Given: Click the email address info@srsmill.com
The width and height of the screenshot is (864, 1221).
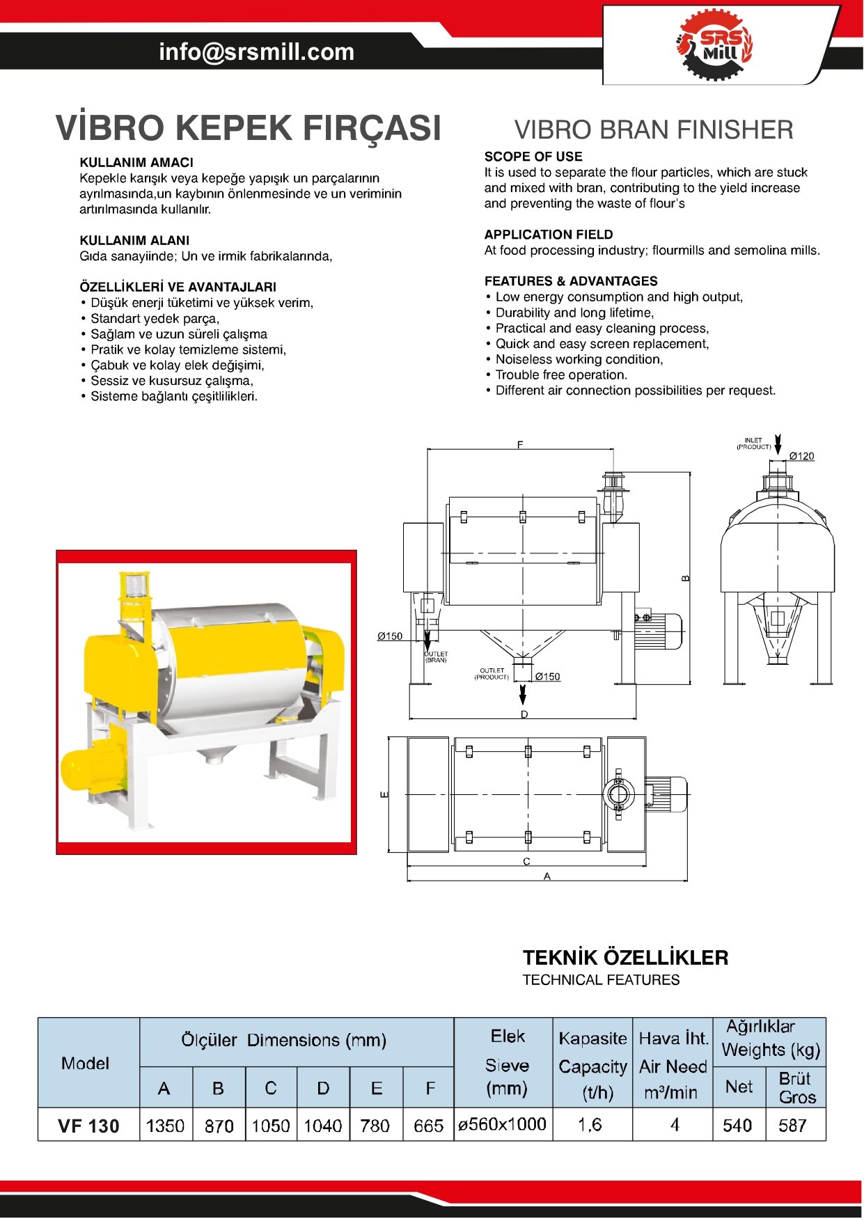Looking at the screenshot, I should [x=256, y=52].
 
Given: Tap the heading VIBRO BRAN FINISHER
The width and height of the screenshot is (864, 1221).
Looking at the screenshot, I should [x=653, y=130].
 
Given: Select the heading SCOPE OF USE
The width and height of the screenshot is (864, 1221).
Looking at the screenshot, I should [x=533, y=157].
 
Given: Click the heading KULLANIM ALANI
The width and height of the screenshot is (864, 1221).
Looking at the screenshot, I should [x=134, y=241].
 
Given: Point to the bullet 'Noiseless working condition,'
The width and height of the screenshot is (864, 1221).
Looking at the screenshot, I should [x=579, y=359].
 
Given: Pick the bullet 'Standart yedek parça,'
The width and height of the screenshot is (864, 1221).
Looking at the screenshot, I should [x=155, y=319].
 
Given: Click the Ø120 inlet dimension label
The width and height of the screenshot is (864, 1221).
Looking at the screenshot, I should [x=801, y=457].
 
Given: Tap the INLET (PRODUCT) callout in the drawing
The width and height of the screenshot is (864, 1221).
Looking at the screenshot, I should [x=754, y=444].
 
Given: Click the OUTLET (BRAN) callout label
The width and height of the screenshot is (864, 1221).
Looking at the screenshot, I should [x=437, y=657].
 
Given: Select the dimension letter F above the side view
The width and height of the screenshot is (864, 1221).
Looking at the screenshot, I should [x=520, y=445].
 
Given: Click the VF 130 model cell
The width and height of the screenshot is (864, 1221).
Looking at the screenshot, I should [x=88, y=1126].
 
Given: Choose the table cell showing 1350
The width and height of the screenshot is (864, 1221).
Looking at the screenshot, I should [x=165, y=1126].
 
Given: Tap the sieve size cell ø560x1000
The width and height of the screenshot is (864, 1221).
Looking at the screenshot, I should [x=503, y=1124].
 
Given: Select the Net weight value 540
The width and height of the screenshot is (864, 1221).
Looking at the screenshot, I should [x=737, y=1126].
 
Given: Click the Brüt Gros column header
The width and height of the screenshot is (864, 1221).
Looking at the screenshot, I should [x=796, y=1087].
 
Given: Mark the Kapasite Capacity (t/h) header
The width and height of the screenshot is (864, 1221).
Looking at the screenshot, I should [x=592, y=1066].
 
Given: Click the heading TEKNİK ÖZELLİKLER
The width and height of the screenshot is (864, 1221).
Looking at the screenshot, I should [x=625, y=958].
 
